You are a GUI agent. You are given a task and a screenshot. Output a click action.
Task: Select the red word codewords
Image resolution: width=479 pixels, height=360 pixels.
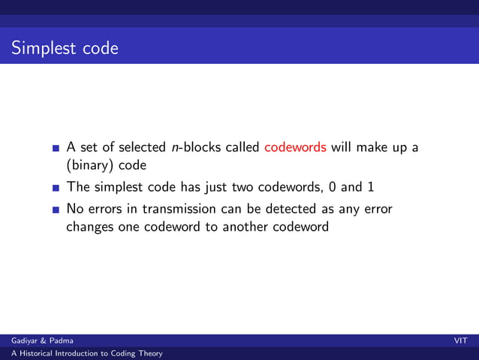(295, 147)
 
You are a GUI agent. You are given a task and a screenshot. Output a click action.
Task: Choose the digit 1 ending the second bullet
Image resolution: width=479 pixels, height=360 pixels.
(371, 186)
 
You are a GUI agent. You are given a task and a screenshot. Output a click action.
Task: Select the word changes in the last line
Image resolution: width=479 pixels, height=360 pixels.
(90, 225)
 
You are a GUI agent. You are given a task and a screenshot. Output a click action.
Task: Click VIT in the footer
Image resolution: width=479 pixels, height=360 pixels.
(460, 341)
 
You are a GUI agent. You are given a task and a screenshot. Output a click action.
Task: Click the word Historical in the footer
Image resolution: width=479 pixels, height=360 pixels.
(36, 353)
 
